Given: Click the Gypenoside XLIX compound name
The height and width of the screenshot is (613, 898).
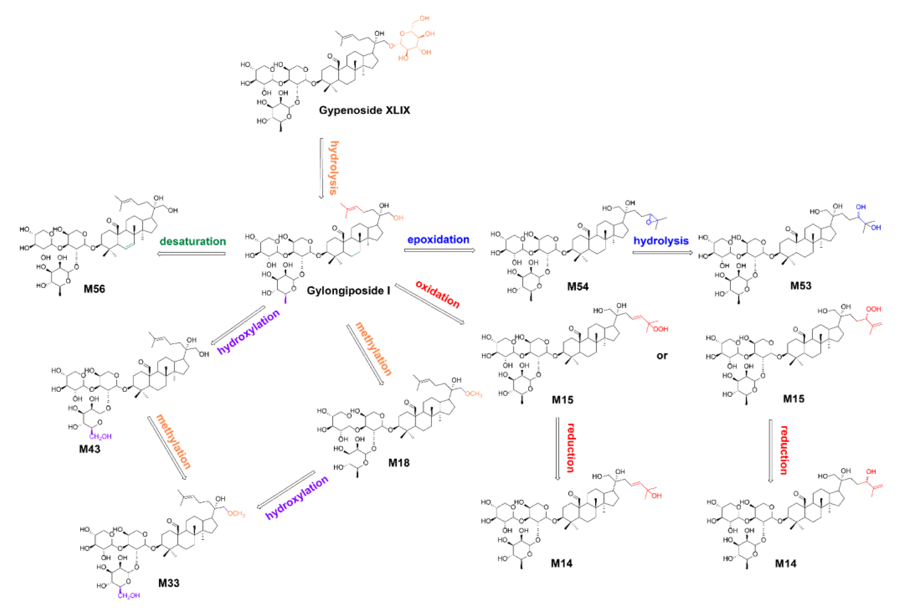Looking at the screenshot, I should (364, 110).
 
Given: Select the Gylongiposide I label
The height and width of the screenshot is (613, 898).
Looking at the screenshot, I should (348, 291).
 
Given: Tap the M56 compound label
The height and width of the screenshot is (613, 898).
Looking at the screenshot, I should (94, 289).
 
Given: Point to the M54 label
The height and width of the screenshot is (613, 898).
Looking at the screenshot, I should (578, 286).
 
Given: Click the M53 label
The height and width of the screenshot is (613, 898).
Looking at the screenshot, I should (801, 286).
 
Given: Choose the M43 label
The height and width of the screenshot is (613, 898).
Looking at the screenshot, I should (90, 449).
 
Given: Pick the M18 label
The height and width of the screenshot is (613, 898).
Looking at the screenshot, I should (399, 462).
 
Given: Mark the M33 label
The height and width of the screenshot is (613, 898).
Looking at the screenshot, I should (169, 583).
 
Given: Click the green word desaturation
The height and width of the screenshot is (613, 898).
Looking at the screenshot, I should (193, 242).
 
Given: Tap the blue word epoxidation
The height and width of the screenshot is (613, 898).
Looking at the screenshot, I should (438, 240).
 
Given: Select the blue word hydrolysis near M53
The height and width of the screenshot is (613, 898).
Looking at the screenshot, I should (661, 241).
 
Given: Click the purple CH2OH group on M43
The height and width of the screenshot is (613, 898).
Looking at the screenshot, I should (100, 437).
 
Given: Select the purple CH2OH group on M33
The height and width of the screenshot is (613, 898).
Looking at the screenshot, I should (129, 596).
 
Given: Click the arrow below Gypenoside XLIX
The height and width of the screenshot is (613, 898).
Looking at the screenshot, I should (321, 168).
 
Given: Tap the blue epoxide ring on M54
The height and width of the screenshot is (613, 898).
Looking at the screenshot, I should (650, 219).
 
